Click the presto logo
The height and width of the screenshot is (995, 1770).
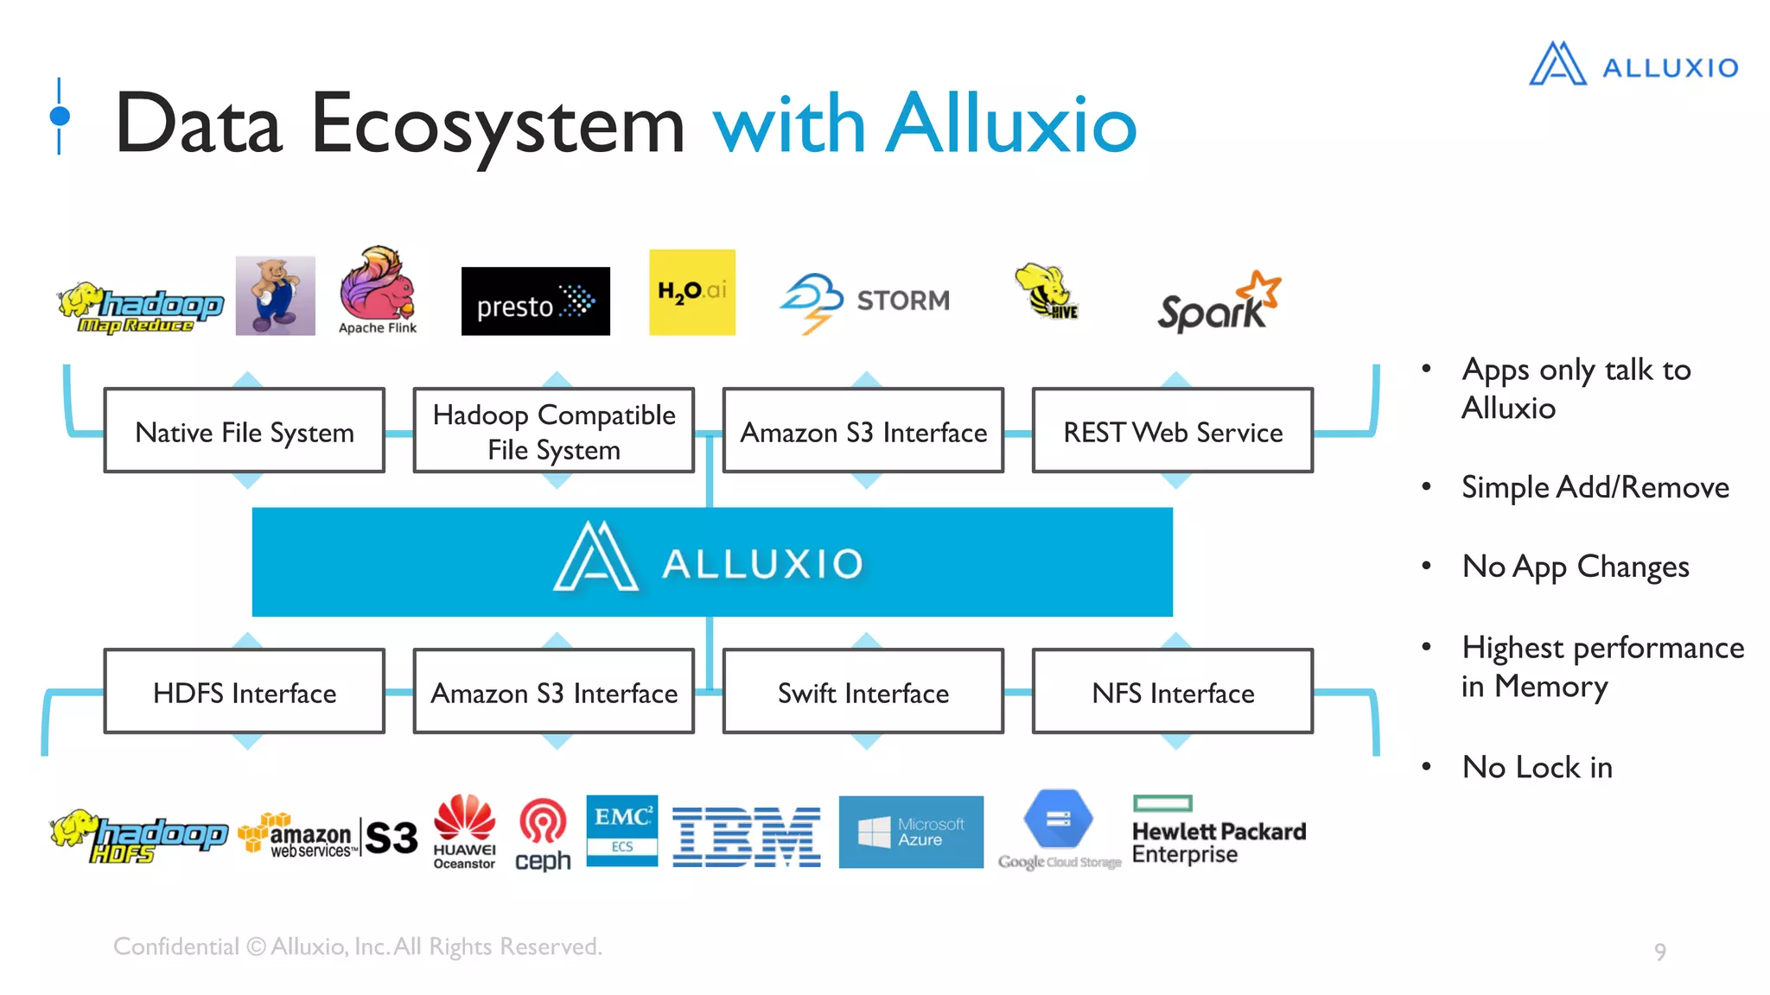[535, 301]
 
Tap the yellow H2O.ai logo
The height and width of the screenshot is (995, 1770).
[691, 293]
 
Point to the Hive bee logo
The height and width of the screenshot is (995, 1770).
[1045, 292]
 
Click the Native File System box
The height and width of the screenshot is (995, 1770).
[245, 431]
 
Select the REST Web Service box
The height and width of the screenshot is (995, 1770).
[1172, 431]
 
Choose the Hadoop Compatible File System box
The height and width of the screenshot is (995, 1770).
[554, 431]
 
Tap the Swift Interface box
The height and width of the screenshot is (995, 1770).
[863, 692]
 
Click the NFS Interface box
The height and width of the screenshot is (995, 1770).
[1172, 692]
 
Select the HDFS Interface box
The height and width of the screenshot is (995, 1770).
[245, 692]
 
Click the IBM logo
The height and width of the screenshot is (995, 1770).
[746, 836]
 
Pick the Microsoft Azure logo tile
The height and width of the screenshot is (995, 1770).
[911, 832]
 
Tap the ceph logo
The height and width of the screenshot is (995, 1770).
[543, 834]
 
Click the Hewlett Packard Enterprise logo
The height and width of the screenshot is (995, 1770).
[1218, 832]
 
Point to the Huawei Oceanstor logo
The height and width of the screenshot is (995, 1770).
[464, 832]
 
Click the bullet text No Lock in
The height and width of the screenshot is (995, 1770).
[1537, 767]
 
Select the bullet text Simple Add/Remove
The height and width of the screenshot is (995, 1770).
[1595, 487]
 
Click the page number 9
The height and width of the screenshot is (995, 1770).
[1659, 952]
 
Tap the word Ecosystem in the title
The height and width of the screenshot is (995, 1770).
[497, 125]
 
